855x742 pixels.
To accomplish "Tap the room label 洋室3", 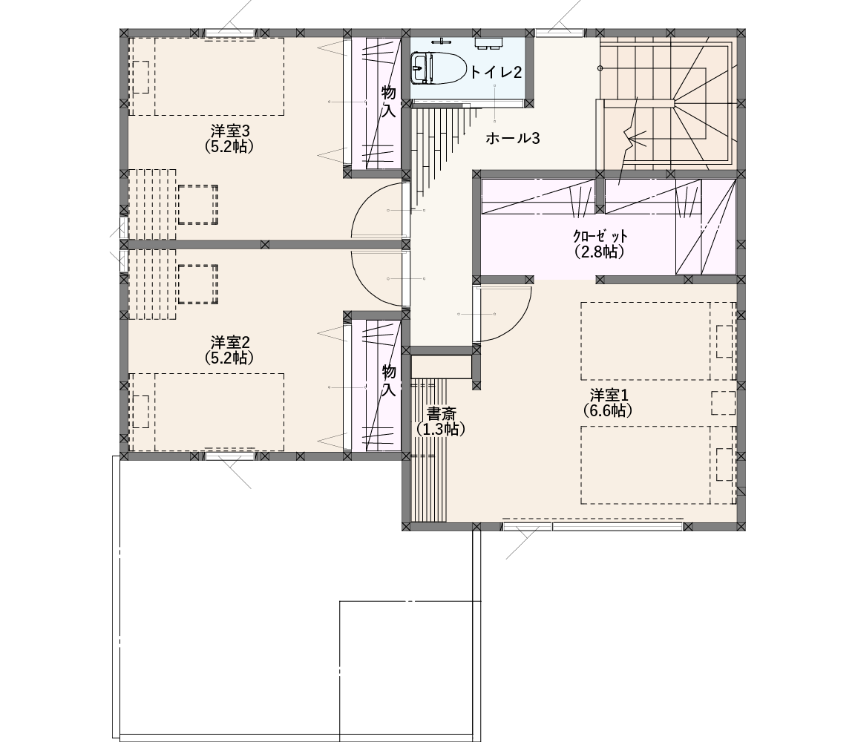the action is click(x=230, y=131).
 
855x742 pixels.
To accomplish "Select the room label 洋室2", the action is click(x=230, y=342).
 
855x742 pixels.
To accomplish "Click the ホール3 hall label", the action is click(x=513, y=139).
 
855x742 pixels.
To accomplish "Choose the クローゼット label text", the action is click(x=600, y=237).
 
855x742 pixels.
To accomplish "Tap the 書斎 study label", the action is click(x=441, y=414).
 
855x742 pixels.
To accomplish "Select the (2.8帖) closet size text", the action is click(x=599, y=252).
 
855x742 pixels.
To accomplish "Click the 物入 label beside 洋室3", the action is click(x=389, y=102).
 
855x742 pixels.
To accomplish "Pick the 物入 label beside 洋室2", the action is click(x=389, y=381).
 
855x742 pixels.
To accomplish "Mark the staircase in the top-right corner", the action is click(x=668, y=102).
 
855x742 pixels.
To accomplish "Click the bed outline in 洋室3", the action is click(x=206, y=76).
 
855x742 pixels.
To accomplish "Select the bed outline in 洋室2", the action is click(x=206, y=412).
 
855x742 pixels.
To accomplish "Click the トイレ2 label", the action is click(x=497, y=73).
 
